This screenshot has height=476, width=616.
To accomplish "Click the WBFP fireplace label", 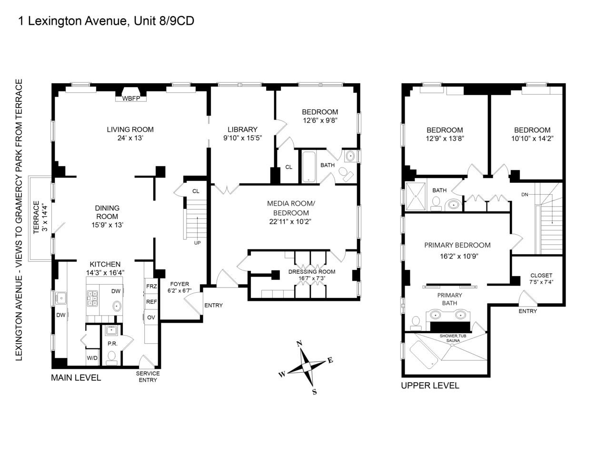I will tap(130, 99).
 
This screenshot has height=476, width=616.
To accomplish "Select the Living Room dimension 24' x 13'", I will tap(130, 139).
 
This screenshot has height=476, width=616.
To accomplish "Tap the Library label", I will tap(242, 129).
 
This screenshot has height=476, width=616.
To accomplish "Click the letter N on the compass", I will tap(299, 344).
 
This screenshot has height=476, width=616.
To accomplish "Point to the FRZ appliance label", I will tap(151, 287).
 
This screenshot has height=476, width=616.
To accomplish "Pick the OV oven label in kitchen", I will tap(151, 317).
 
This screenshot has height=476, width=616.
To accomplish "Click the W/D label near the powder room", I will tap(92, 358).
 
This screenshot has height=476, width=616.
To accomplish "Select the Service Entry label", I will tap(148, 377).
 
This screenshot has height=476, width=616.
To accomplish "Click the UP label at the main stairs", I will tap(197, 243).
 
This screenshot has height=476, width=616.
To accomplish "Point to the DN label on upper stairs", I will tap(525, 195).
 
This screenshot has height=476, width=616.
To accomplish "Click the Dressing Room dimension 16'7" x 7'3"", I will tap(311, 279).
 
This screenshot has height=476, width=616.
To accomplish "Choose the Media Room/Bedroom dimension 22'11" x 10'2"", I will tap(291, 221).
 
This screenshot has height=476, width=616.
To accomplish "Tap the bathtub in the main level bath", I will tap(309, 167).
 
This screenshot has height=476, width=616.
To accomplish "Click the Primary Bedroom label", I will tap(457, 246).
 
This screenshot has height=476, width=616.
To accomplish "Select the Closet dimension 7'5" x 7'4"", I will tap(541, 282).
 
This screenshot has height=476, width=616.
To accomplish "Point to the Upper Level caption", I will tap(430, 386).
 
